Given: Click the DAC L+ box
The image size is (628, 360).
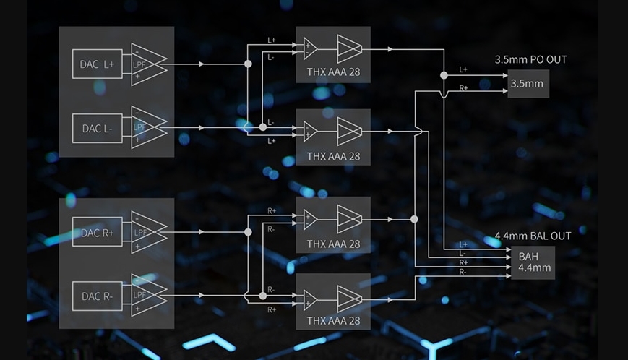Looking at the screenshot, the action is tap(98, 64).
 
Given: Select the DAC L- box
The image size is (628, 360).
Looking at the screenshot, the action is tap(98, 128).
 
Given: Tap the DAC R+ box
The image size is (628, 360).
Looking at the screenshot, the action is tap(98, 232).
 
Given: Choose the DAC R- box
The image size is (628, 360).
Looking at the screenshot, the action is tap(98, 296).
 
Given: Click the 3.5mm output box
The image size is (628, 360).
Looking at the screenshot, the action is tap(528, 84).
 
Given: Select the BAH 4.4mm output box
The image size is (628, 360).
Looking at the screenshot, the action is tap(533, 262).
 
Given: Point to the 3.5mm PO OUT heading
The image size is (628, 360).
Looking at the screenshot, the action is tap(530, 60).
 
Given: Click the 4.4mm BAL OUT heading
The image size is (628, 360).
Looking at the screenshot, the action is tap(533, 236).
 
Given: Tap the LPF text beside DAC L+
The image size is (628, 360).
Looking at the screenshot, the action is tap(139, 64).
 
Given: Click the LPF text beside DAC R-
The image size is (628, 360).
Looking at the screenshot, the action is tap(139, 295).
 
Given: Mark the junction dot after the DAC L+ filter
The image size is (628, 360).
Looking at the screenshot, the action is tap(249, 64).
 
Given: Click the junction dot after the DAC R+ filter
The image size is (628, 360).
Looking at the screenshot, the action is tap(249, 232).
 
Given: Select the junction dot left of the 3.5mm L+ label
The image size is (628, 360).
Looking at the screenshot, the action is tap(444, 75).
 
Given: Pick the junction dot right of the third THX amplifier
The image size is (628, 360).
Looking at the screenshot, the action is tap(415, 219).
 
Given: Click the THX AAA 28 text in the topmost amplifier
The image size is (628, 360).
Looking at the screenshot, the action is tap(333, 72).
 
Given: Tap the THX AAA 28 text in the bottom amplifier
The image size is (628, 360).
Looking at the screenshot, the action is tap(333, 321).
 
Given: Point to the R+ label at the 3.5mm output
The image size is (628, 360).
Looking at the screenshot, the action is tap(463, 87).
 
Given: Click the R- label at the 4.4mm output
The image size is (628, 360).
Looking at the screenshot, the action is tap(463, 272).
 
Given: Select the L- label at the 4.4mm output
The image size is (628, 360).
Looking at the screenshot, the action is tap(463, 254).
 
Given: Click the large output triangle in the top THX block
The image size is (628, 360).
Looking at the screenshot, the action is tap(349, 49).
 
